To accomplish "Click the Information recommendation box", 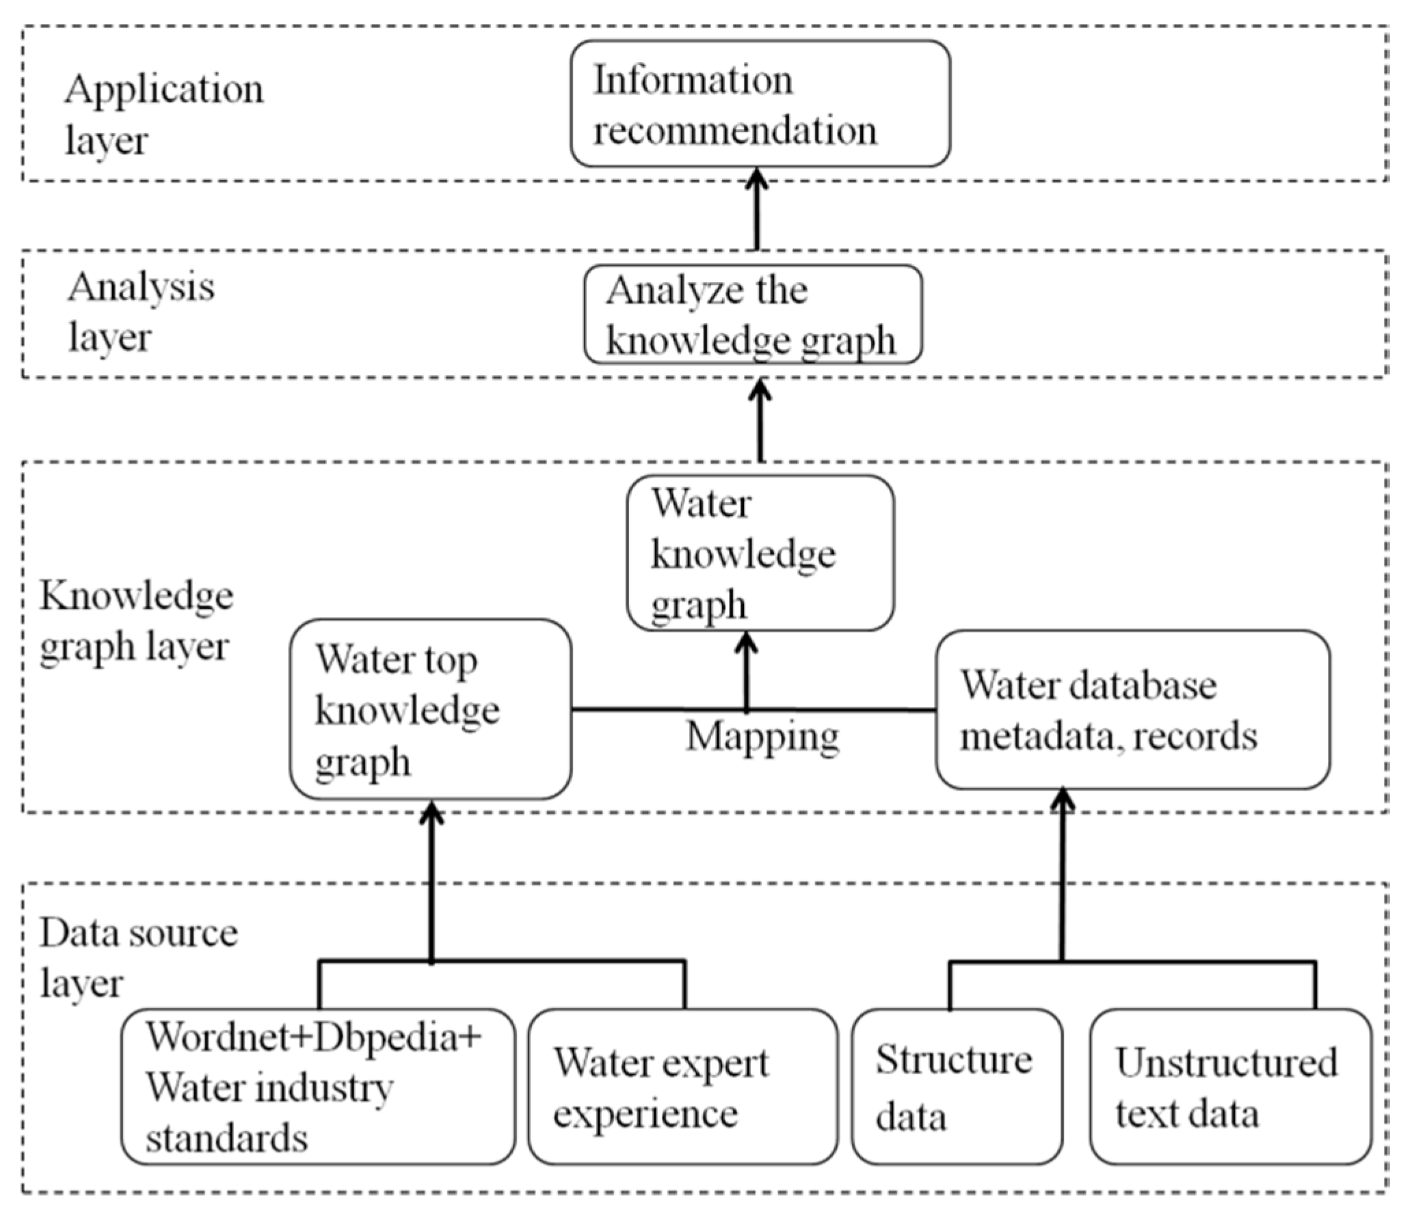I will pos(760,103).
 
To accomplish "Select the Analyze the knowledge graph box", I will pos(753,315).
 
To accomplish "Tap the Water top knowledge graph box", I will pos(430,709).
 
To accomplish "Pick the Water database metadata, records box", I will pos(1132,710).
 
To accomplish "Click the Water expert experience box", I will pos(682,1087).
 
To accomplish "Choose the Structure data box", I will pos(957,1087).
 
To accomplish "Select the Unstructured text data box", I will pos(1230,1087).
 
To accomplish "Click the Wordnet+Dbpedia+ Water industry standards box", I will pos(318,1087).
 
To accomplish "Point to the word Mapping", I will pos(762,737).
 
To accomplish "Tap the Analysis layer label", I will pos(140,312).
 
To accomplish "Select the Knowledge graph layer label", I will pos(135,621).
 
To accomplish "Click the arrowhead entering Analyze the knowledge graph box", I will pos(760,390).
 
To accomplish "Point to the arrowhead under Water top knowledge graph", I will pos(431,812).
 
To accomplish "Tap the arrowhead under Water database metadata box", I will pos(1062,801).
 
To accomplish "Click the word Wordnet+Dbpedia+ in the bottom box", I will pos(314,1037).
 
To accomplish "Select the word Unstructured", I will pos(1227,1063).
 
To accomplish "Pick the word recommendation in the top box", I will pos(735,131).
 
